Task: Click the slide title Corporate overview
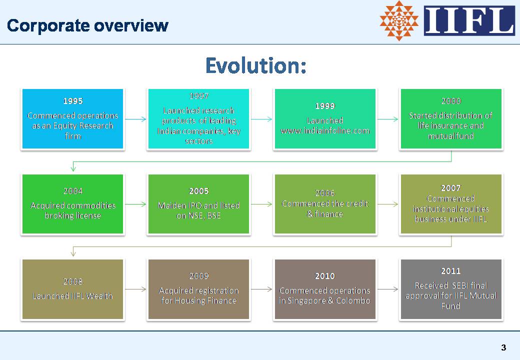pos(87,25)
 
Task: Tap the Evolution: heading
pos(255,65)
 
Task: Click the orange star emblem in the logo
pos(399,20)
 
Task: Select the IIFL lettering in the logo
pos(469,20)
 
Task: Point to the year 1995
pos(73,101)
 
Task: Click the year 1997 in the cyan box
pos(198,96)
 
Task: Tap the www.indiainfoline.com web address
pos(325,130)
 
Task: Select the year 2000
pos(451,101)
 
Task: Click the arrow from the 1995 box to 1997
pos(135,119)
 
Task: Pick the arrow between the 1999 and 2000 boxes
pos(388,119)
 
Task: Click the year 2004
pos(73,191)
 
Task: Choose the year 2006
pos(325,193)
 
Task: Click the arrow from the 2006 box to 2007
pos(388,204)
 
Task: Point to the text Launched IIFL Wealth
pos(72,296)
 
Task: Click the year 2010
pos(325,276)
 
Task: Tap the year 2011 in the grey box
pos(451,271)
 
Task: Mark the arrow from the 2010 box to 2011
pos(388,289)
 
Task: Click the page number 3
pos(504,347)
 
